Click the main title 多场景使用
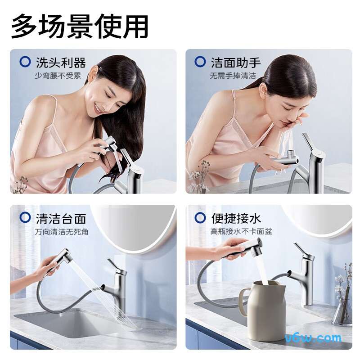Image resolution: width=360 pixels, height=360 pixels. point(80,26)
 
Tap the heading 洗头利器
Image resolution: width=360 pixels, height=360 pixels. point(60,63)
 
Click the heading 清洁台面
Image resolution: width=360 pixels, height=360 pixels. point(60,219)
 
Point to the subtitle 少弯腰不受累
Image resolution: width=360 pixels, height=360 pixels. point(57,76)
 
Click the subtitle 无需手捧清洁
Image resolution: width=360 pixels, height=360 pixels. point(233,76)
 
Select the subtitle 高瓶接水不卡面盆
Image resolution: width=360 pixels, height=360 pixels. point(241,232)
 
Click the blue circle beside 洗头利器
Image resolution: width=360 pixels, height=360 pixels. point(25,62)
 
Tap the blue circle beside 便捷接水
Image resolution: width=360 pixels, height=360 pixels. point(200,218)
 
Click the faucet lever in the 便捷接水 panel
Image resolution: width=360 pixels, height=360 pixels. point(300,252)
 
